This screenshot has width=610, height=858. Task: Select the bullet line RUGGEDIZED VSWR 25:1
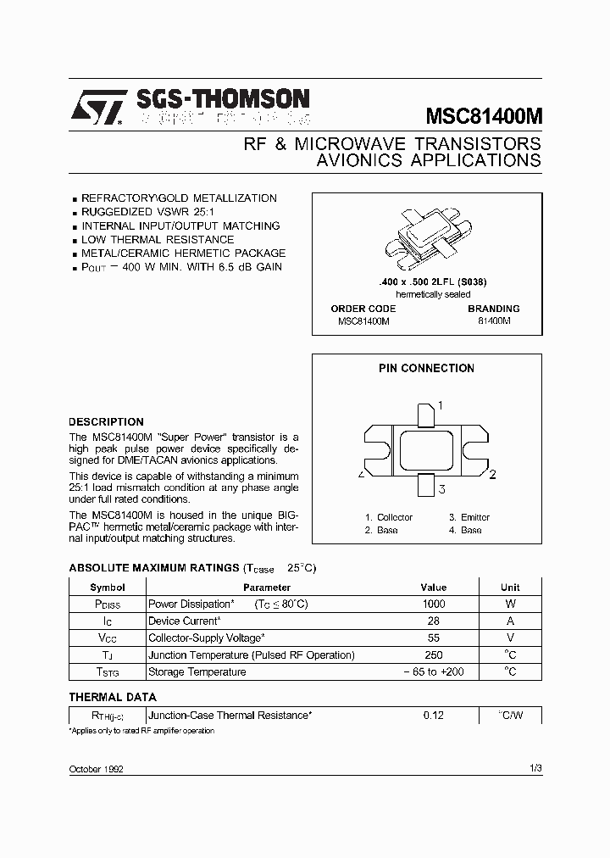click(x=149, y=212)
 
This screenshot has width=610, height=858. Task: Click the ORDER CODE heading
click(x=363, y=309)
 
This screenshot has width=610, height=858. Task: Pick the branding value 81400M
click(x=494, y=322)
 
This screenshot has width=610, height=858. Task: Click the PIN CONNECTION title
click(x=426, y=368)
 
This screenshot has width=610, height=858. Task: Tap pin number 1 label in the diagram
click(x=441, y=406)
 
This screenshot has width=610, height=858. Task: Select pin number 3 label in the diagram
click(x=442, y=488)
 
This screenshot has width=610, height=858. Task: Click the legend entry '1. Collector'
click(x=389, y=517)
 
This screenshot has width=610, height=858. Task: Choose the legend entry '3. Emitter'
click(x=469, y=517)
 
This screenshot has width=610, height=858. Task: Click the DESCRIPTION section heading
click(x=106, y=421)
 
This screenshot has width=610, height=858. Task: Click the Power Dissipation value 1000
click(x=433, y=604)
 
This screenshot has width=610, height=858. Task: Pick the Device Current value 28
click(x=433, y=621)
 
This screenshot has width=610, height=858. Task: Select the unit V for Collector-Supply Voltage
click(x=510, y=638)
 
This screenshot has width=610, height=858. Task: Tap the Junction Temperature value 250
click(x=433, y=655)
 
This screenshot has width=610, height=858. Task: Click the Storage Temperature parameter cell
click(x=197, y=672)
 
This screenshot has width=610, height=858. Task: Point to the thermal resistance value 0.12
click(x=433, y=716)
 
